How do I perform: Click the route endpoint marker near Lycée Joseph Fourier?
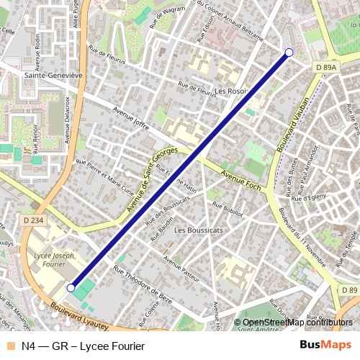click(x=71, y=288)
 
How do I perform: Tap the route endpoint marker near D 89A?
click(x=289, y=52)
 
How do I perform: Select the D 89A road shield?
click(x=326, y=66)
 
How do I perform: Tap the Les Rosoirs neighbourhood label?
click(x=230, y=91)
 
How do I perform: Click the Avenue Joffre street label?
click(x=131, y=120)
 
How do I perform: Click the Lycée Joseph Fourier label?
click(x=55, y=259)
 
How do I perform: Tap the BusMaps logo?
click(x=325, y=346)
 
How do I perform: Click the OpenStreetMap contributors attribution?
click(x=297, y=322)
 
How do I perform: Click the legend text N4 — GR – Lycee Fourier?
click(x=83, y=346)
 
